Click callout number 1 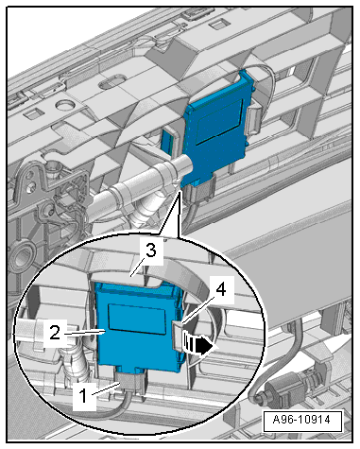coord(83,396)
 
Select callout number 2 coord(55,332)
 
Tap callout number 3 coord(151,251)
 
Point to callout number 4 coord(222,289)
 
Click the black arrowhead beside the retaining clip coord(205,346)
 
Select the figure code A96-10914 coord(301,420)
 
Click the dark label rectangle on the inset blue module coord(137,319)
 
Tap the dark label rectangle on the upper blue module coord(219,123)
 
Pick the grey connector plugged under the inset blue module coord(130,381)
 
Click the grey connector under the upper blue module coord(197,190)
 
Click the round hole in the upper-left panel coord(64,106)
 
